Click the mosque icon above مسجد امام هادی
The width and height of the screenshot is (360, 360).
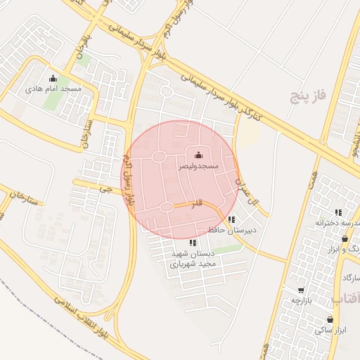(x=53, y=78)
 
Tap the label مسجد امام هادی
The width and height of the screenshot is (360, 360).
(x=53, y=89)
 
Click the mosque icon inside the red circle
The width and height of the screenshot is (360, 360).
(x=198, y=155)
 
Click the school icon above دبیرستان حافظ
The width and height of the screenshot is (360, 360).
(x=232, y=219)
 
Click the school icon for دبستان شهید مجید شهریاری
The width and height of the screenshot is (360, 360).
(x=193, y=243)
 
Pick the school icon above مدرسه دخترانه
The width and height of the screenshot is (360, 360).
(x=338, y=212)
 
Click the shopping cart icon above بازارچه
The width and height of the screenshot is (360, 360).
(x=301, y=290)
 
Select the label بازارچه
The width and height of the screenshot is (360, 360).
(x=301, y=300)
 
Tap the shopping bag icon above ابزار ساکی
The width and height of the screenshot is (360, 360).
(x=330, y=319)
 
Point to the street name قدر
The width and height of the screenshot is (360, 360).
(x=198, y=203)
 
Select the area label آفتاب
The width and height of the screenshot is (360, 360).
(x=347, y=300)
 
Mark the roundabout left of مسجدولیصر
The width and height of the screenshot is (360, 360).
(x=159, y=156)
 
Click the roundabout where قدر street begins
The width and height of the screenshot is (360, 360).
(x=167, y=207)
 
